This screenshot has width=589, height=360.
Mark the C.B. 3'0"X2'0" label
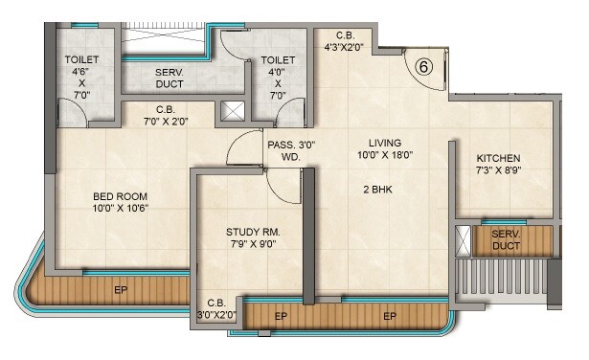215,309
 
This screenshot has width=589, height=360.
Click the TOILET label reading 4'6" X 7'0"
81,78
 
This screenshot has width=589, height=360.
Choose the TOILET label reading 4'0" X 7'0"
279,78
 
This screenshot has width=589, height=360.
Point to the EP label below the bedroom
121,288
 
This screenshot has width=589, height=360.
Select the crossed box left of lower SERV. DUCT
464,240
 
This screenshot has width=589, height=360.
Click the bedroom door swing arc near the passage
237,149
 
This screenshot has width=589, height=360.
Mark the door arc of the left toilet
72,115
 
